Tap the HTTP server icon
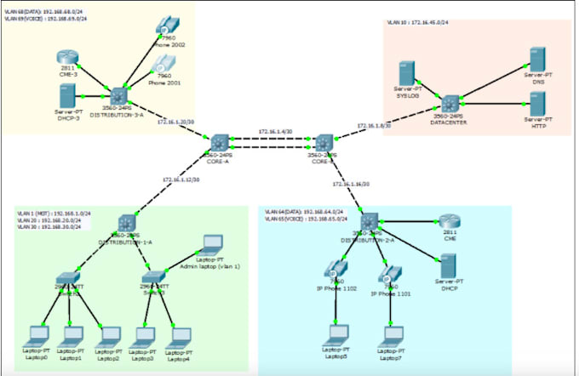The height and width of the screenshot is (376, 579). pyautogui.click(x=536, y=105)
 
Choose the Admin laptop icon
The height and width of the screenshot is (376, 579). pyautogui.click(x=209, y=244)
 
